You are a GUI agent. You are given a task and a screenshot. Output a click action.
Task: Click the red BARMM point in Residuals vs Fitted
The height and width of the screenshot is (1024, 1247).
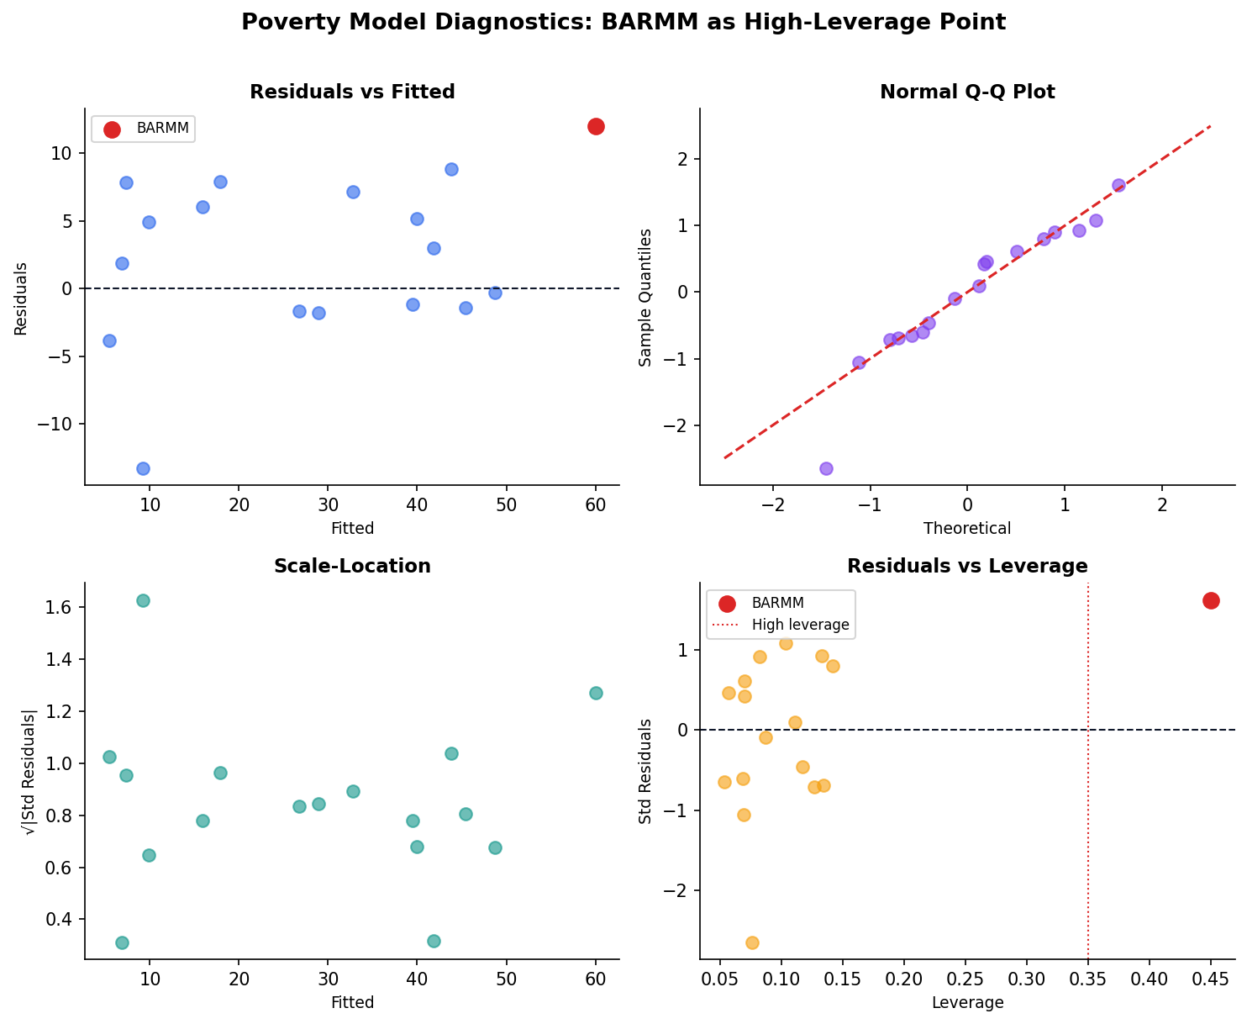click(596, 126)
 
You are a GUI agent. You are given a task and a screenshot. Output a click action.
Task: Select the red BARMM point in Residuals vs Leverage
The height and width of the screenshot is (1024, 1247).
click(1211, 600)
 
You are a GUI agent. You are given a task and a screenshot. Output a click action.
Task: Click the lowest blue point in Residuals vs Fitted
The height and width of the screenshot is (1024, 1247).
click(143, 468)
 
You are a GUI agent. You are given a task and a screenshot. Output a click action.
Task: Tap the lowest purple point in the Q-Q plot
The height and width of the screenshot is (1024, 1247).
click(826, 468)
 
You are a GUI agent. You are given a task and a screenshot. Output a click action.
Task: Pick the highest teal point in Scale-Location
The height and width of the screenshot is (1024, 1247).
click(143, 600)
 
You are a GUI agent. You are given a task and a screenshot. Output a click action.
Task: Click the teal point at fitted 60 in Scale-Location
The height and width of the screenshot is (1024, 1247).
click(596, 693)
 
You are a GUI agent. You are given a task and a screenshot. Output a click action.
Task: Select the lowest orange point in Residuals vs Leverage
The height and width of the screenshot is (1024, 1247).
click(752, 942)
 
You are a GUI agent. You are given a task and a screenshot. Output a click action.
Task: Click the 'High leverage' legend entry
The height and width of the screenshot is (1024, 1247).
click(800, 625)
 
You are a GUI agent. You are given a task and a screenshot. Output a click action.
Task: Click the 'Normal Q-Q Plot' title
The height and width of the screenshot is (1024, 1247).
click(967, 92)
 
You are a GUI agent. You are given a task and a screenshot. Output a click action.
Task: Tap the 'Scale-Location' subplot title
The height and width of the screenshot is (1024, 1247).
click(352, 567)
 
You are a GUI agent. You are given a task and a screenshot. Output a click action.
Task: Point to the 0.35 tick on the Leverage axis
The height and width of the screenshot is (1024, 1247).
click(1088, 979)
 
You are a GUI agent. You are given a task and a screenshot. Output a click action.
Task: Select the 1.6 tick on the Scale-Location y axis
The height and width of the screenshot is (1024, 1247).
click(61, 607)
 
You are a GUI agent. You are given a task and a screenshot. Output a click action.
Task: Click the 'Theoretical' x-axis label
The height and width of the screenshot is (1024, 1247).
click(967, 529)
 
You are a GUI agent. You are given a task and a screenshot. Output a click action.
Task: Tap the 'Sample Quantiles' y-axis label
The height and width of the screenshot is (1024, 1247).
click(645, 297)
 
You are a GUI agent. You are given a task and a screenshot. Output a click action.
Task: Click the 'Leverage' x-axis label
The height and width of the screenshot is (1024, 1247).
click(967, 1003)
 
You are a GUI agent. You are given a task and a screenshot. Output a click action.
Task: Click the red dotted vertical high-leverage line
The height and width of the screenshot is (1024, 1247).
click(1088, 799)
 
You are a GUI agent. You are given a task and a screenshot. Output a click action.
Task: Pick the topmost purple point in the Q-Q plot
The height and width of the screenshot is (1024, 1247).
click(1118, 185)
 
